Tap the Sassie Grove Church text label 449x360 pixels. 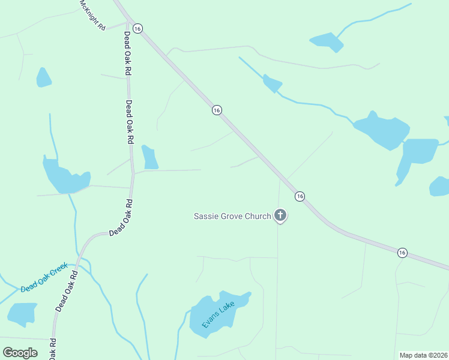(232, 216)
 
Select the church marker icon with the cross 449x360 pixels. (280, 215)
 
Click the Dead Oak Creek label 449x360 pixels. (44, 279)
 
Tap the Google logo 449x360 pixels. (20, 353)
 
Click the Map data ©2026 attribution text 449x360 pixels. (423, 355)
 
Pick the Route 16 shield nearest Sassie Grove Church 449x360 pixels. (300, 196)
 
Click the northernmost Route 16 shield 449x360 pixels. (137, 29)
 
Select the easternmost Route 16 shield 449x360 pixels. (402, 253)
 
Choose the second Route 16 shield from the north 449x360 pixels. (217, 110)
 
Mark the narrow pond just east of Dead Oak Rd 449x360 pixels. (149, 157)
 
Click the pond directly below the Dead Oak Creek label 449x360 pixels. (22, 314)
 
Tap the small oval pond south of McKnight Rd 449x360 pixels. (43, 77)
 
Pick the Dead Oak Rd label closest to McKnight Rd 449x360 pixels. (127, 53)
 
